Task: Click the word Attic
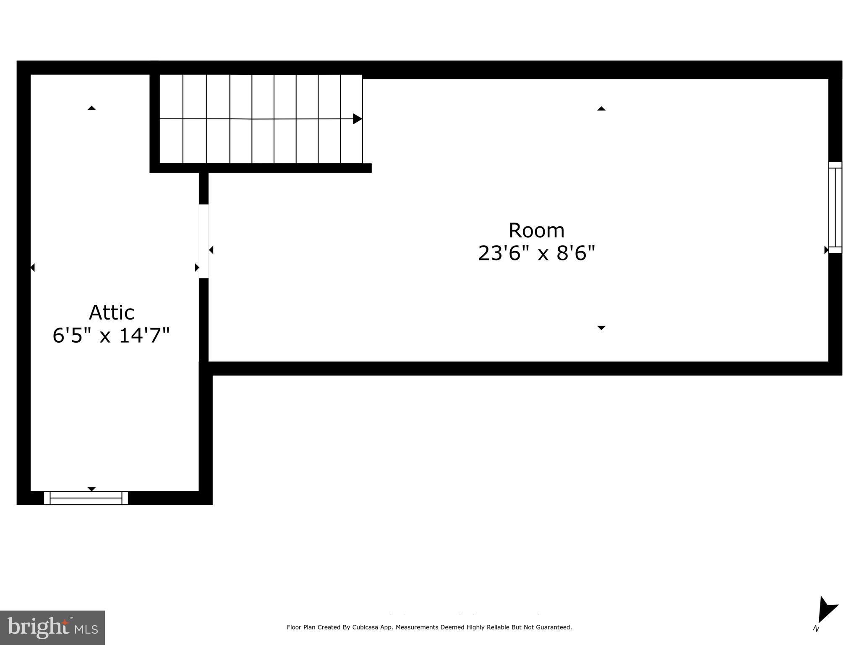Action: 112,313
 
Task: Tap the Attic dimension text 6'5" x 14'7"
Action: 111,336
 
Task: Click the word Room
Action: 536,231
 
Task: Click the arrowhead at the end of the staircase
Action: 357,119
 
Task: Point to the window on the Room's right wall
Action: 835,207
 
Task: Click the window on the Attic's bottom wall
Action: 86,498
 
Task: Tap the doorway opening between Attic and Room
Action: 204,241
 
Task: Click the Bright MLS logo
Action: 52,628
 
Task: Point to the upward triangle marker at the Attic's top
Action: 91,108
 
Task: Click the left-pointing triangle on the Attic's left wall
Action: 33,267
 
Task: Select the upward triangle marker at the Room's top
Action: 601,109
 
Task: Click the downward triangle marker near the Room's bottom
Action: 601,328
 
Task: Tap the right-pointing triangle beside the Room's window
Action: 826,250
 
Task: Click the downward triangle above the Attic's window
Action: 91,489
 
